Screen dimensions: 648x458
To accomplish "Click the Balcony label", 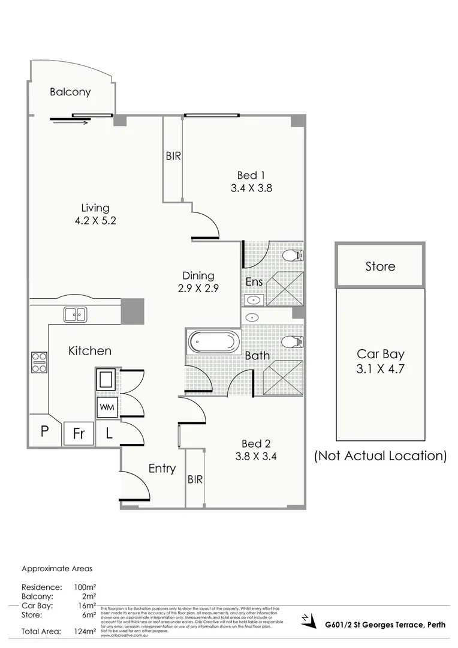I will pyautogui.click(x=70, y=92).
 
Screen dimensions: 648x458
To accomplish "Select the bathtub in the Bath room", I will pyautogui.click(x=213, y=343).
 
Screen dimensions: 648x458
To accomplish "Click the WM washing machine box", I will pyautogui.click(x=107, y=407).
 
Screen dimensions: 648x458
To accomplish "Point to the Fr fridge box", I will pyautogui.click(x=79, y=433).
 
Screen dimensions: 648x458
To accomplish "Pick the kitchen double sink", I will pyautogui.click(x=76, y=313).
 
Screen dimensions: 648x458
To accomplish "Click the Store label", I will pyautogui.click(x=380, y=266).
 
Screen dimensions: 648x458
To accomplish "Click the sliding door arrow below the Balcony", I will pyautogui.click(x=70, y=122).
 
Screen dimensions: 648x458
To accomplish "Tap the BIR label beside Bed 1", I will pyautogui.click(x=173, y=156).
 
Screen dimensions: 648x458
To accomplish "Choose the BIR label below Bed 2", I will pyautogui.click(x=195, y=479).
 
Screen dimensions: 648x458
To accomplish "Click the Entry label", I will pyautogui.click(x=162, y=469).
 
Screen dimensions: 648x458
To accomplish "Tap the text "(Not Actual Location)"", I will pyautogui.click(x=381, y=455).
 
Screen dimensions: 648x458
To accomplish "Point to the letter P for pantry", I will pyautogui.click(x=44, y=431).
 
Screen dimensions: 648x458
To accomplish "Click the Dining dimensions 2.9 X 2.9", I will pyautogui.click(x=198, y=287).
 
